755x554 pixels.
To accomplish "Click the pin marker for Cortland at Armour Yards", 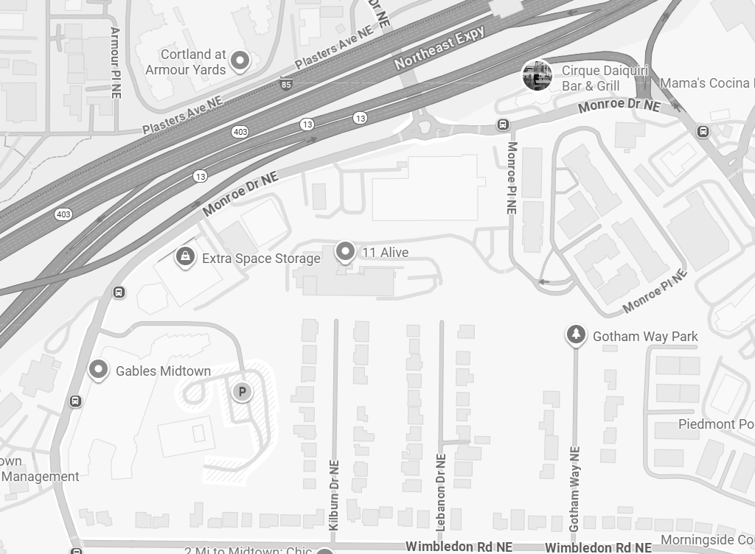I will (239, 60).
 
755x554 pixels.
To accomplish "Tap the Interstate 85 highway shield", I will (285, 85).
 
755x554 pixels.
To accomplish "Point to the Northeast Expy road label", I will (439, 48).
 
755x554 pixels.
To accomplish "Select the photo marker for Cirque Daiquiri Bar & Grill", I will (537, 75).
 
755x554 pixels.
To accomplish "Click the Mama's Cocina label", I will (706, 83).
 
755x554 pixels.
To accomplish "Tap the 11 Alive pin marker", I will (344, 253).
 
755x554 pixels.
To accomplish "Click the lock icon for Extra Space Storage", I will (184, 257).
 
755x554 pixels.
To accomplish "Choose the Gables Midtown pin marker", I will (98, 370).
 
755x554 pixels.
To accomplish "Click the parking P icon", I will (242, 392).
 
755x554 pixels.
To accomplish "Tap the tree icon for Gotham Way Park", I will (576, 335).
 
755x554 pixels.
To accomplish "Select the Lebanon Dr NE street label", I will (441, 491).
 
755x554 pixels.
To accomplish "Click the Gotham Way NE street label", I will (575, 488).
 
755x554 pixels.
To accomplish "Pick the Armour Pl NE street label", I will (115, 63).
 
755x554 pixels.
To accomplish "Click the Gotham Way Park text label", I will (645, 337).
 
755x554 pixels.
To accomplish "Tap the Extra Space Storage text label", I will (261, 259).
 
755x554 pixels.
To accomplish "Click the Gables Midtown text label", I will (163, 371).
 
